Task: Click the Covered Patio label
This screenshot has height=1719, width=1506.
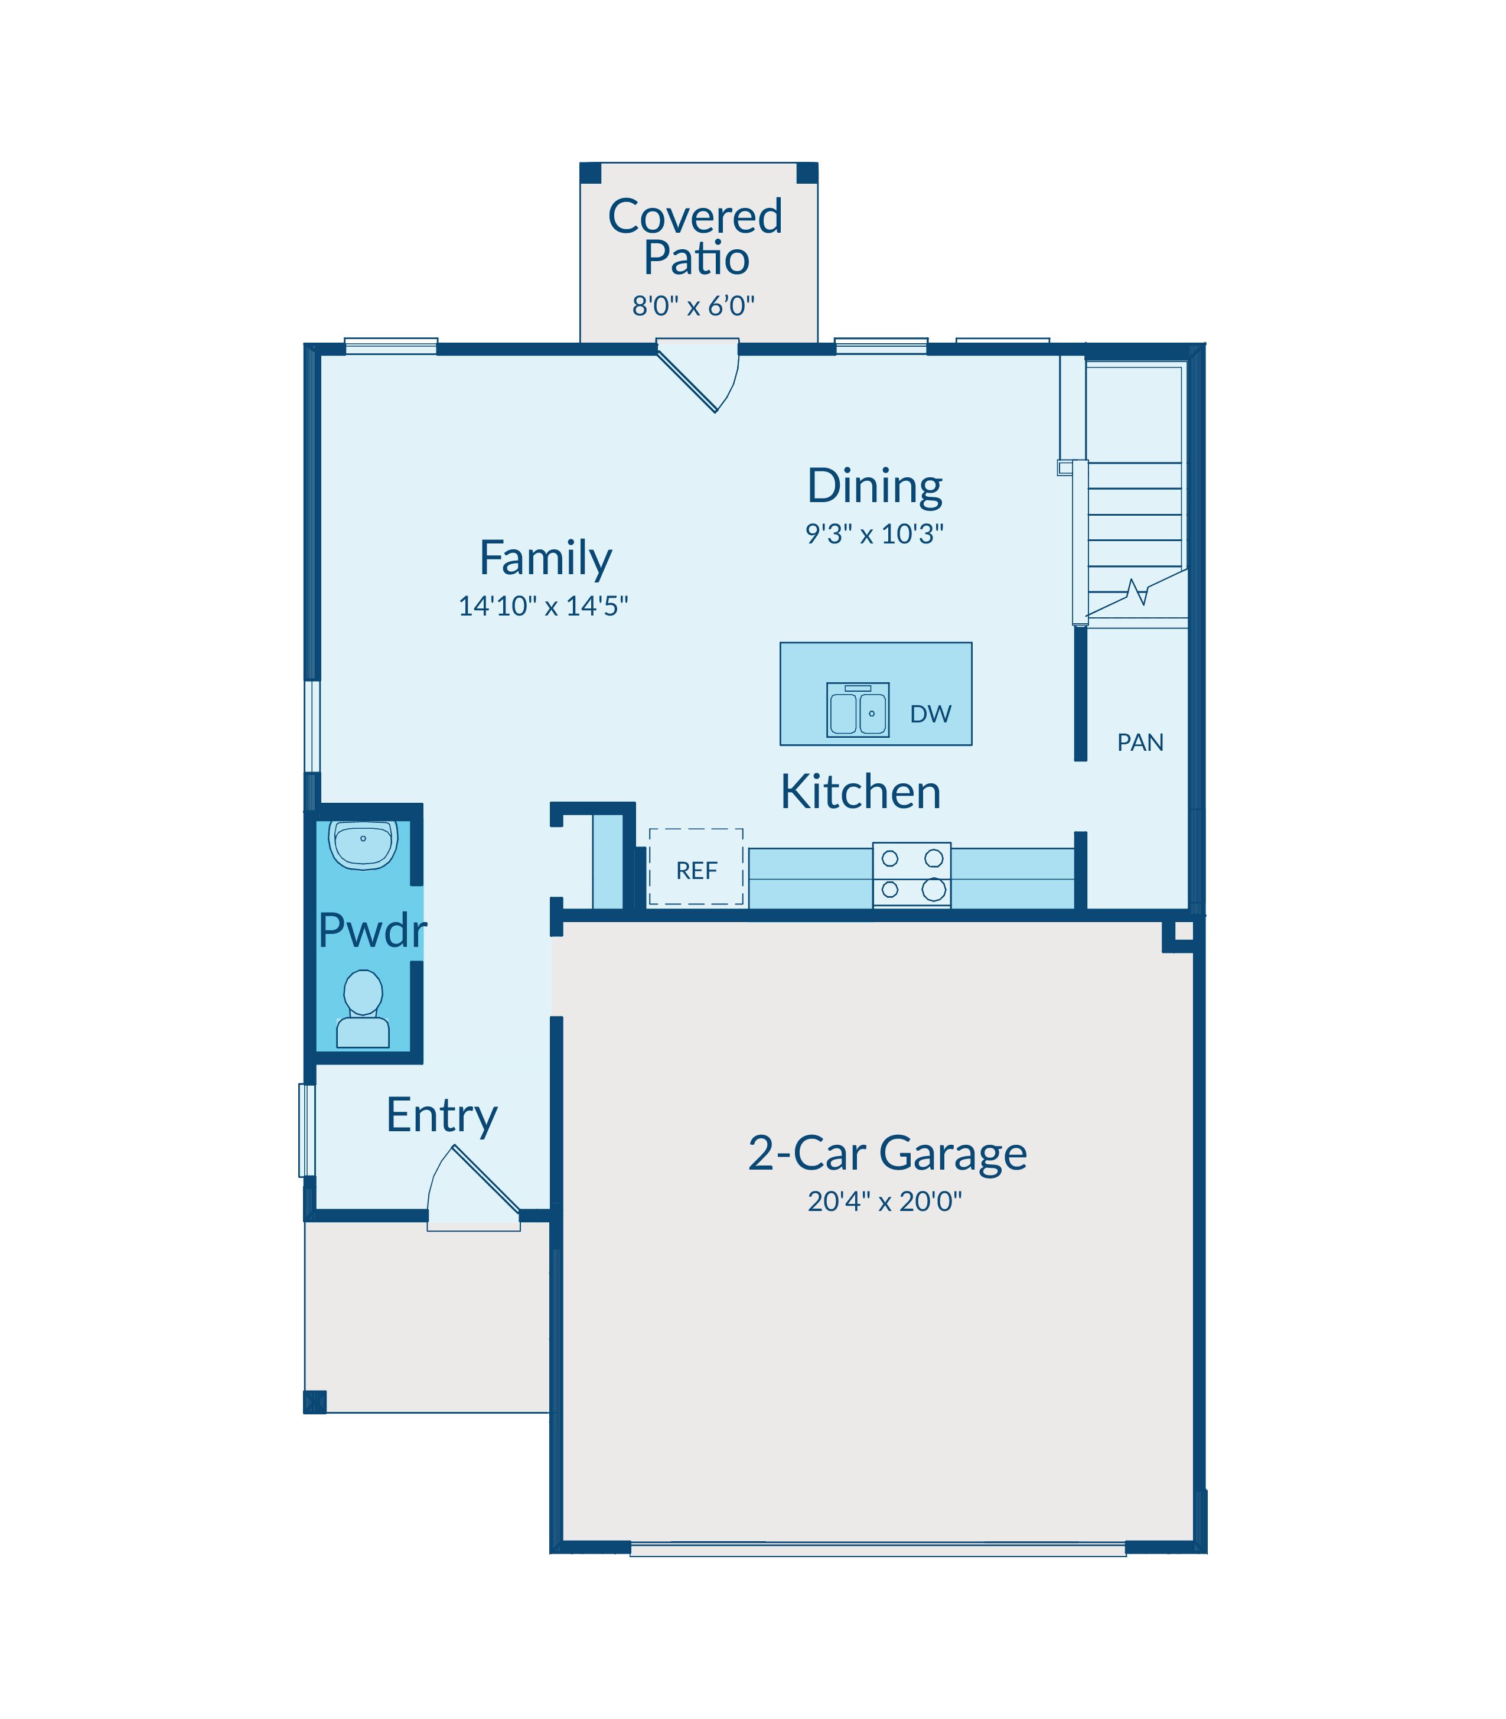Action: (x=695, y=236)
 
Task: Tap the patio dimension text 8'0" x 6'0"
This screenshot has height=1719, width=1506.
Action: (x=693, y=305)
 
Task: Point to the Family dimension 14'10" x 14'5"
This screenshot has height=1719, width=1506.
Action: (x=543, y=606)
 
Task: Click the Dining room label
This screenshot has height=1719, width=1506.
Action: (x=875, y=487)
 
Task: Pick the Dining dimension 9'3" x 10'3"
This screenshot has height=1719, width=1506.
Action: (x=875, y=534)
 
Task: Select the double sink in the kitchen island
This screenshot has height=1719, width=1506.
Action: (x=857, y=709)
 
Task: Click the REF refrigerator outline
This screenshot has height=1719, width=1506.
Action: (x=696, y=867)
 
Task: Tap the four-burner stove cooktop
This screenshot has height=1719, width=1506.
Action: (x=912, y=874)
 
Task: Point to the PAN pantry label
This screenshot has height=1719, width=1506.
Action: (x=1140, y=742)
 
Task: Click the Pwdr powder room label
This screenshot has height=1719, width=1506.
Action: (x=372, y=932)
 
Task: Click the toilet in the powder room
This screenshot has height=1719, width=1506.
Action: (x=363, y=1009)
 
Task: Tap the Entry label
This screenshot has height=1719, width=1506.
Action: (x=442, y=1116)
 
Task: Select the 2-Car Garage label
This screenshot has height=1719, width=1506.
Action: (x=888, y=1154)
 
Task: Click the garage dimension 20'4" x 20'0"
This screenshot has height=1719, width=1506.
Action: (x=884, y=1202)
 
